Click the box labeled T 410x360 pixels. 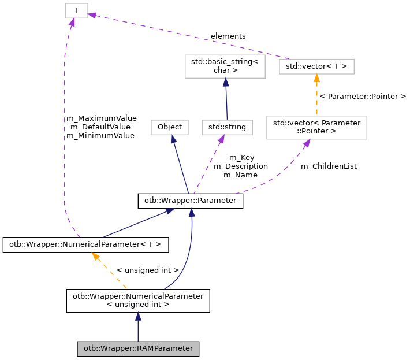click(x=76, y=10)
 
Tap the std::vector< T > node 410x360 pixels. click(x=316, y=66)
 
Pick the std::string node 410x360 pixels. click(x=227, y=127)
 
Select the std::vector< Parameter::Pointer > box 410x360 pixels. click(x=316, y=127)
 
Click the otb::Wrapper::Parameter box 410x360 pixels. click(x=190, y=201)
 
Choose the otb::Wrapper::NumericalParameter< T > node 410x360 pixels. click(x=85, y=244)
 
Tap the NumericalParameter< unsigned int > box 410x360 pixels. click(x=137, y=300)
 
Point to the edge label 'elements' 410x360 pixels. click(x=228, y=36)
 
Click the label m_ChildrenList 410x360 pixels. click(x=329, y=166)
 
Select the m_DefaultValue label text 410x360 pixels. click(x=100, y=127)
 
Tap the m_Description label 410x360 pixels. click(x=240, y=166)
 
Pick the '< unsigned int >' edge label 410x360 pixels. click(x=147, y=270)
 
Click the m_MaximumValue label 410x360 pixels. click(x=101, y=118)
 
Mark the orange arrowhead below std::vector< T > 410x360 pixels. click(x=316, y=79)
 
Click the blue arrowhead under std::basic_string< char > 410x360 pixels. click(x=225, y=83)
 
